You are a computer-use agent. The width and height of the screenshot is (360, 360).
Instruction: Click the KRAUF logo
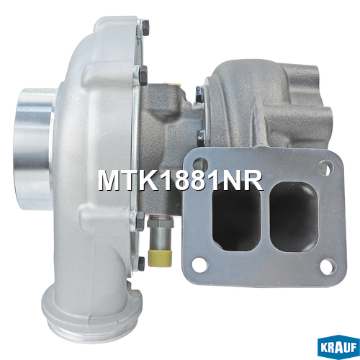338,347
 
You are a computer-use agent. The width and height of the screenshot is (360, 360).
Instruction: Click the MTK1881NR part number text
180,181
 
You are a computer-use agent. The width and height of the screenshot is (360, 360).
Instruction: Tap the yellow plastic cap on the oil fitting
160,258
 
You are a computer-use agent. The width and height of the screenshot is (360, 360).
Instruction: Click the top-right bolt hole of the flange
325,166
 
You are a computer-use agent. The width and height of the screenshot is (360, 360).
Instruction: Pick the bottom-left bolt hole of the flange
198,264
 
